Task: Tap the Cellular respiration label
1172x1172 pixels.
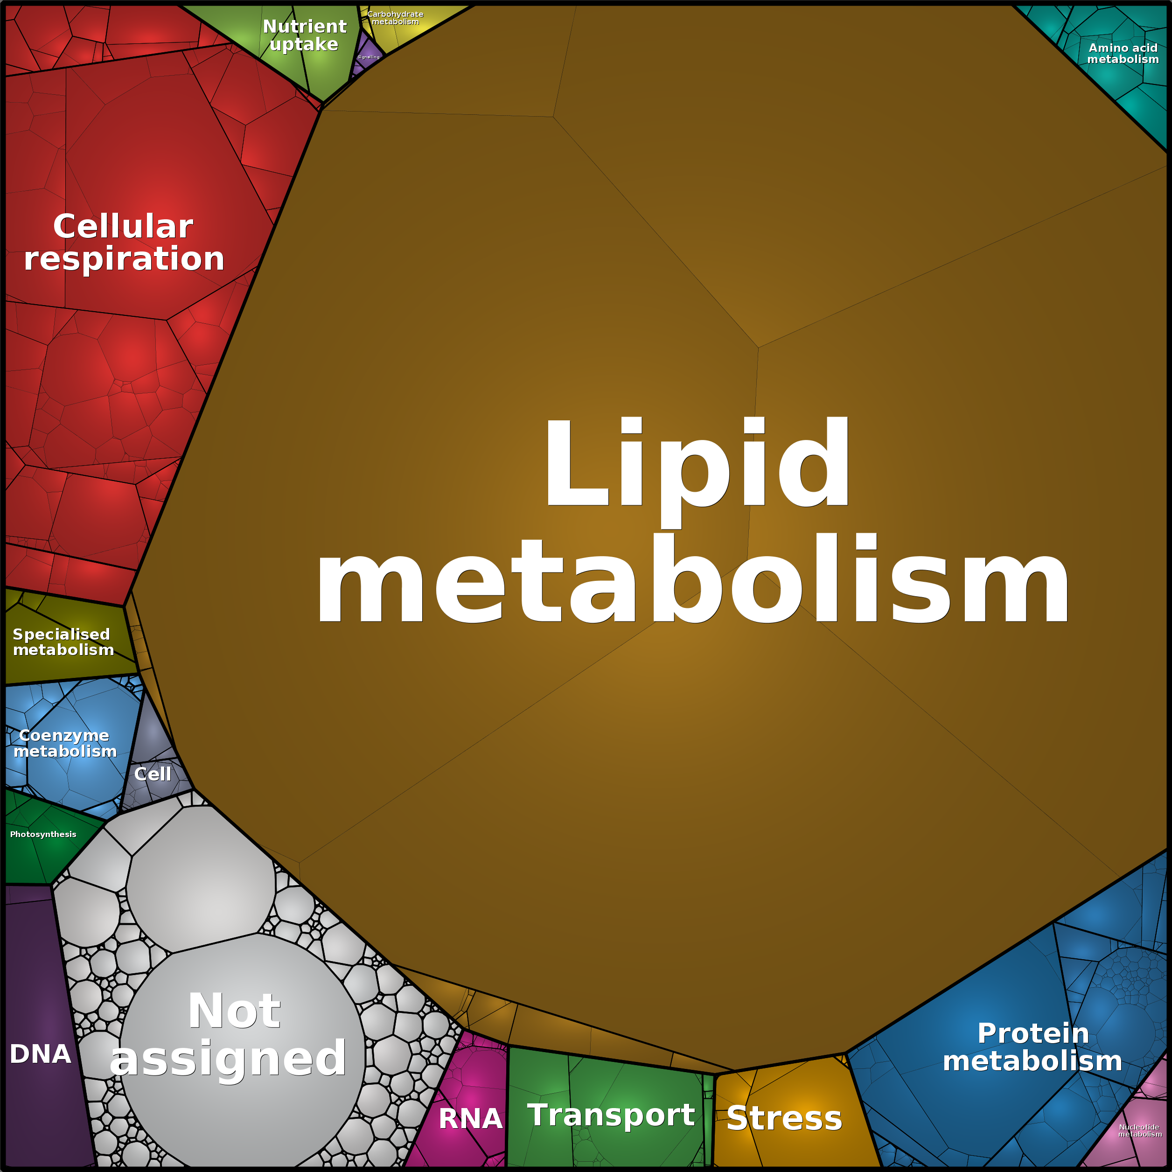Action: coord(124,242)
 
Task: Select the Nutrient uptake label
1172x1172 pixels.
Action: coord(305,35)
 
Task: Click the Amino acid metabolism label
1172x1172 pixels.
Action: coord(1123,53)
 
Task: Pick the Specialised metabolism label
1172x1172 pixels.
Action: coord(63,642)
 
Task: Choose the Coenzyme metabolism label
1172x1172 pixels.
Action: coord(65,743)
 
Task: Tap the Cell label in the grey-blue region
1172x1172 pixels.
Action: coord(152,774)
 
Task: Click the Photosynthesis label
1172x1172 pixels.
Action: coord(43,834)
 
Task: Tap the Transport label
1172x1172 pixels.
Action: coord(611,1115)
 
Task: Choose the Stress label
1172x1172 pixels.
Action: coord(784,1117)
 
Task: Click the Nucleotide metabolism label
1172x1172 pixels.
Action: coord(1140,1130)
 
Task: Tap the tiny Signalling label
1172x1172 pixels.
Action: coord(368,57)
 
